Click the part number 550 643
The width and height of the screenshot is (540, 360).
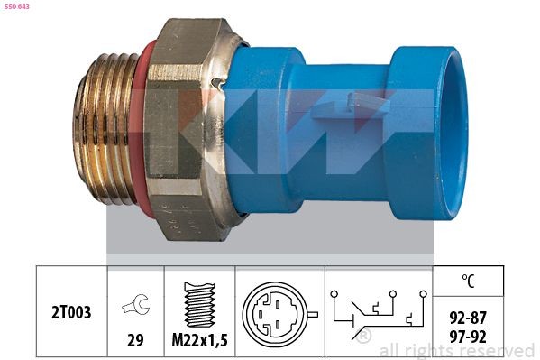pos(15,6)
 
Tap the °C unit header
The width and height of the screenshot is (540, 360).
pos(468,282)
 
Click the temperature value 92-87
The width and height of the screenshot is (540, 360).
pos(468,317)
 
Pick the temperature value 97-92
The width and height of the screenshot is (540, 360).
pos(468,334)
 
